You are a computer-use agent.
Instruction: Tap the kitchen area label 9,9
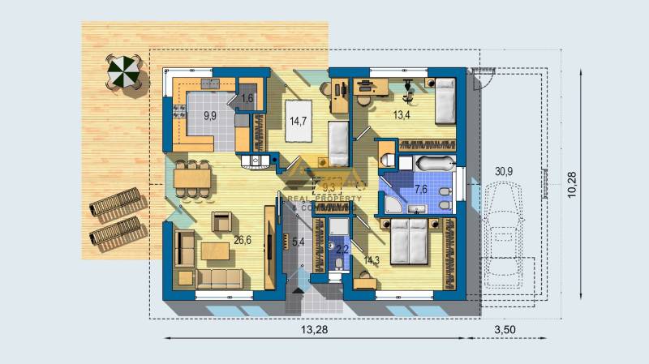pyautogui.click(x=209, y=116)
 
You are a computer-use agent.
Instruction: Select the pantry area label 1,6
pyautogui.click(x=248, y=98)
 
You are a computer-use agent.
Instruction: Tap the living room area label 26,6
pyautogui.click(x=242, y=240)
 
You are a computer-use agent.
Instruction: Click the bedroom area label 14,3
pyautogui.click(x=372, y=260)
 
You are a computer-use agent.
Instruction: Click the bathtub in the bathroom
pyautogui.click(x=427, y=165)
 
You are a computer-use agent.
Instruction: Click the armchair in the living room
pyautogui.click(x=221, y=221)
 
